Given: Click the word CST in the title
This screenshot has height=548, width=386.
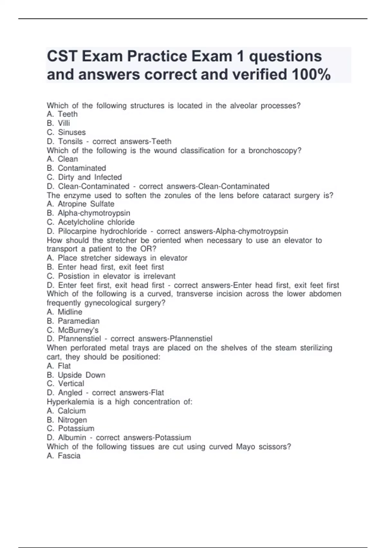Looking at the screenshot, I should click(61, 56).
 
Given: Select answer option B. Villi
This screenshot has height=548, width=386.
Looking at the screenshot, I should click(58, 123).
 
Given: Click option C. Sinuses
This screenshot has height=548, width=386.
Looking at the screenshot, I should click(66, 132).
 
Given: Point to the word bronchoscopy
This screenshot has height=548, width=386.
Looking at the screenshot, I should click(275, 151).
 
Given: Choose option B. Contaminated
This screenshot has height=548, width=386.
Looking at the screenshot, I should click(76, 168).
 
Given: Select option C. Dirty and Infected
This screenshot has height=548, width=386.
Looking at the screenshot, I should click(84, 177).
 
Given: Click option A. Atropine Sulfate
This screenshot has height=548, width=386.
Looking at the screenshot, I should click(80, 204).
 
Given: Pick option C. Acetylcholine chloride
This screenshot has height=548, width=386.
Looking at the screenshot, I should click(91, 222).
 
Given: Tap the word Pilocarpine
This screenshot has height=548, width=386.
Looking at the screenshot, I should click(77, 231).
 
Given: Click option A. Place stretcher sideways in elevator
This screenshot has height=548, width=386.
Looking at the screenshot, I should click(117, 258).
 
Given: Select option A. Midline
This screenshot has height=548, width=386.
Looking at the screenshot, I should click(64, 312).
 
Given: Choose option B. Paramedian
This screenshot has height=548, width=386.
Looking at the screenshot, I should click(73, 321).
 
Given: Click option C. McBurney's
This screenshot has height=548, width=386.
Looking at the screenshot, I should click(73, 330).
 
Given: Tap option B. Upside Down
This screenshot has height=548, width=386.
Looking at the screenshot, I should click(76, 375).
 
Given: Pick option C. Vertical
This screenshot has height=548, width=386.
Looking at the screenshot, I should click(65, 384).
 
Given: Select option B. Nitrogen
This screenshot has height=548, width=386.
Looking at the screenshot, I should click(67, 420).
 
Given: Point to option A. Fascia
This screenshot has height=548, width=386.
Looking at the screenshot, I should click(64, 455).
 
